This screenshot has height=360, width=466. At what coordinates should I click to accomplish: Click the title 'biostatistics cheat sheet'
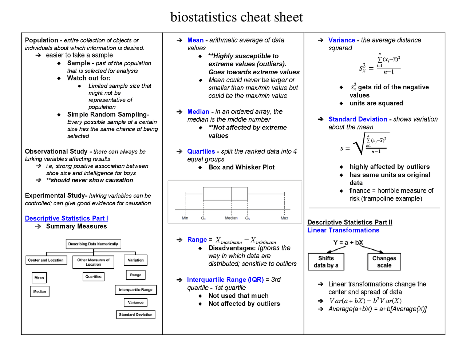(x=236, y=17)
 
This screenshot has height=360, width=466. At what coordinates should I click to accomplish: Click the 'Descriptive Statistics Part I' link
(x=66, y=218)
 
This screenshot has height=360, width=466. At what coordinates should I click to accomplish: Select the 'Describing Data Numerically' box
(x=93, y=244)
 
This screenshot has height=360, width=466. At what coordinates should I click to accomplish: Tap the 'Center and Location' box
(x=46, y=260)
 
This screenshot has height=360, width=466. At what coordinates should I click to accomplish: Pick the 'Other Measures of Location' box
(x=93, y=262)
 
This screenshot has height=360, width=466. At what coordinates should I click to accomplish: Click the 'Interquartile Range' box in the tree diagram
(x=135, y=290)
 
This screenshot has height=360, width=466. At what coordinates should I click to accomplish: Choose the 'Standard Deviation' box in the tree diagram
(x=135, y=314)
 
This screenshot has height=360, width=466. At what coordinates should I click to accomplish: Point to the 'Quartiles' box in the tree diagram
(x=93, y=277)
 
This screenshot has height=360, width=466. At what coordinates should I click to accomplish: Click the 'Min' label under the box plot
(x=185, y=218)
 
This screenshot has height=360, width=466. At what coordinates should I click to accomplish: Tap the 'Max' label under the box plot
(x=284, y=218)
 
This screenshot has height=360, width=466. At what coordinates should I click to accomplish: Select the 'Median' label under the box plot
(x=231, y=218)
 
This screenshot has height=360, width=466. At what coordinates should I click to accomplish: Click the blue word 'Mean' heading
(x=196, y=40)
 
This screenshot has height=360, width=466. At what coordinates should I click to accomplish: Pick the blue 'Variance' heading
(x=341, y=40)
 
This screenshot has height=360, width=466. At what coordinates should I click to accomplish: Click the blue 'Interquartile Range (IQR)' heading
(x=225, y=280)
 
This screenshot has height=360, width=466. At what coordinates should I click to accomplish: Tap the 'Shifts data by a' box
(x=326, y=262)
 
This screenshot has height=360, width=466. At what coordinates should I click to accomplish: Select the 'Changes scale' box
(x=384, y=262)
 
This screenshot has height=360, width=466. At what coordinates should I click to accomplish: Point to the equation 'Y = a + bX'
(x=348, y=242)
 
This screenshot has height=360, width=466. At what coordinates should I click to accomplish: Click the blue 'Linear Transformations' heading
(x=343, y=230)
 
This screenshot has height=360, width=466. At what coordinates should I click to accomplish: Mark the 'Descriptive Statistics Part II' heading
(x=349, y=222)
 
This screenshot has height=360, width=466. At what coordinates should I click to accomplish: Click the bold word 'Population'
(x=42, y=40)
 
